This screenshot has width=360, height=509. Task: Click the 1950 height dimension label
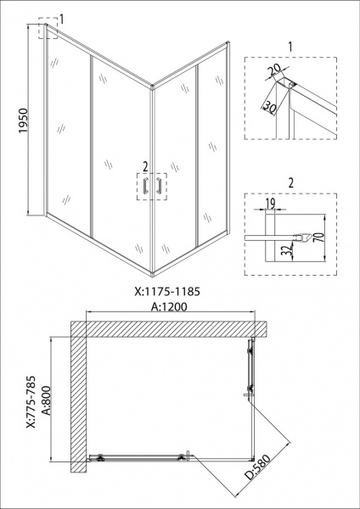click(x=24, y=120)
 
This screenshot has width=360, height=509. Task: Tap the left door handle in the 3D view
click(x=145, y=186)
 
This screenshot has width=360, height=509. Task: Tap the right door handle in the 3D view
click(x=159, y=186)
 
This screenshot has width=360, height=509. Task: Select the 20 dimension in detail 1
click(x=275, y=70)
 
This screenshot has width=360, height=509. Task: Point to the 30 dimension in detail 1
click(x=269, y=107)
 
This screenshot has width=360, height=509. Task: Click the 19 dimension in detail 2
click(x=270, y=204)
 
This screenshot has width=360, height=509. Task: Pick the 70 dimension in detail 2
click(x=320, y=238)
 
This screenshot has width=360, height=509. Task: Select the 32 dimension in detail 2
click(x=288, y=250)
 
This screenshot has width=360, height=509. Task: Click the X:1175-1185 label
click(x=167, y=292)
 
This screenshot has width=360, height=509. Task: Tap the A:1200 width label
click(x=169, y=306)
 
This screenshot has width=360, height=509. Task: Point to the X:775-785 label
click(x=31, y=402)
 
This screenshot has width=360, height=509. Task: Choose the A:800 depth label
click(x=47, y=400)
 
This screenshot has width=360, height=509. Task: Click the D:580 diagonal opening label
click(x=257, y=467)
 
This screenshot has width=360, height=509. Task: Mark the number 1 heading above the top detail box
click(x=290, y=47)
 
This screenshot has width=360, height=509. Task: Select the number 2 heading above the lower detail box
click(x=290, y=183)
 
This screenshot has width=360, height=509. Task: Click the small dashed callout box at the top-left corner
click(x=48, y=29)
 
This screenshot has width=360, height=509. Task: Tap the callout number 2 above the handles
click(x=145, y=167)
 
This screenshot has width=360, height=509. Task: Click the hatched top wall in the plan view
click(x=169, y=329)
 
